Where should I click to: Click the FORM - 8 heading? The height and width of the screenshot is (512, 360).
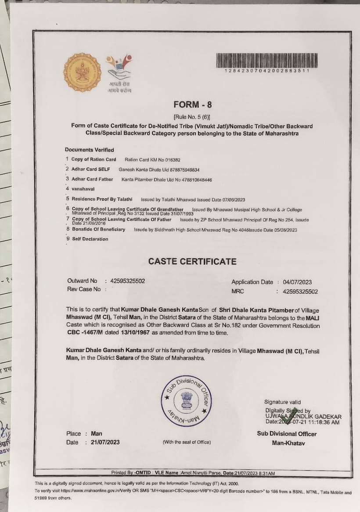[192, 105]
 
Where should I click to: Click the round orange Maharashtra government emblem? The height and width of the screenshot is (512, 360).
[82, 72]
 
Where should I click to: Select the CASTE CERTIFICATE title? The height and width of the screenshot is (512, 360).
[192, 261]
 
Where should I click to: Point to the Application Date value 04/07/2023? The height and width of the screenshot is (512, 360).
[298, 282]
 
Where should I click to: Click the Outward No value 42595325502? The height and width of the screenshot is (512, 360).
[128, 281]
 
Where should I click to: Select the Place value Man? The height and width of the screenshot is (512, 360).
[97, 433]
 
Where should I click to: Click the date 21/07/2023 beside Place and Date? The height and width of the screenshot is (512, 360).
[105, 442]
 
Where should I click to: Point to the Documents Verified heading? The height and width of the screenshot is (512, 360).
[90, 150]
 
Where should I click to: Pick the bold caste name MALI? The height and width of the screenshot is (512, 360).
[312, 317]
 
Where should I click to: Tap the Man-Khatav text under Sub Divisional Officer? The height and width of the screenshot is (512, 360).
[288, 443]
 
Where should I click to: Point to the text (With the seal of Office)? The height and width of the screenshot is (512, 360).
[187, 442]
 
